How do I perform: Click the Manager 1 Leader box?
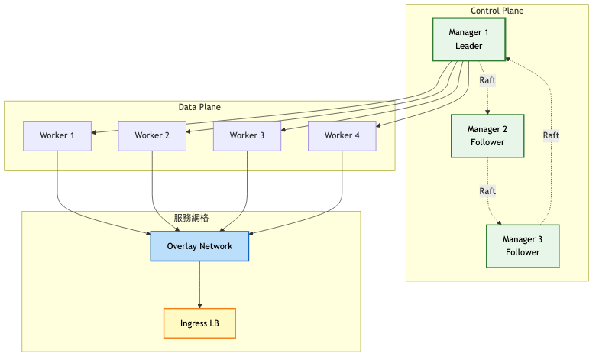tap(469, 39)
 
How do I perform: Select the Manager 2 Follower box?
tap(487, 136)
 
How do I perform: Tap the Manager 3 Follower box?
tap(523, 245)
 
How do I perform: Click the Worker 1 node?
tap(57, 135)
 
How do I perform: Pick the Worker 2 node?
tap(152, 135)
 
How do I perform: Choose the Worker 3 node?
tap(247, 135)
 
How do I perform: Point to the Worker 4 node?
tap(342, 135)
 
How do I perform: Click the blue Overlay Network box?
tap(199, 246)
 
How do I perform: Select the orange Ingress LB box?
tap(199, 323)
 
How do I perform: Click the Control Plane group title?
tap(497, 11)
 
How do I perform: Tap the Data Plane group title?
tap(199, 107)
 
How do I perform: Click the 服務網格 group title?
tap(191, 218)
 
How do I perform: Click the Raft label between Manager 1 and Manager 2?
tap(487, 79)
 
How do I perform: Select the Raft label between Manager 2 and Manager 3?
tap(487, 190)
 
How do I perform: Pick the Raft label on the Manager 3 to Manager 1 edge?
tap(551, 135)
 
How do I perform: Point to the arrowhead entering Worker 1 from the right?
tap(94, 132)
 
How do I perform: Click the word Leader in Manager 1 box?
tap(469, 46)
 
